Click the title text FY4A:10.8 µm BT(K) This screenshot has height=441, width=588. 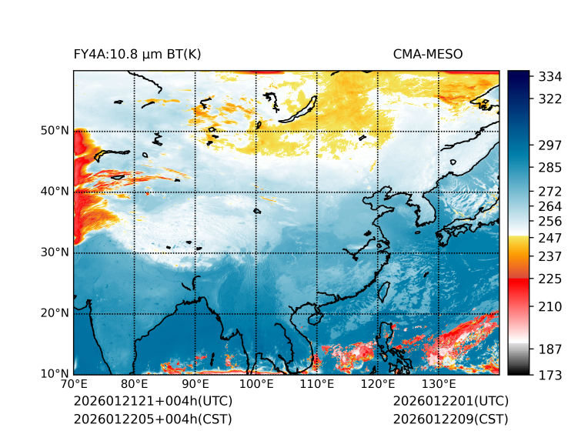point(138,54)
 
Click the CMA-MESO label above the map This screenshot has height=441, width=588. point(428,54)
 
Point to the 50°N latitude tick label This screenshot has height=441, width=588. point(55,131)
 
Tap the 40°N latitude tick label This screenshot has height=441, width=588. point(55,192)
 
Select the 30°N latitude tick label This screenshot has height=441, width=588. point(55,252)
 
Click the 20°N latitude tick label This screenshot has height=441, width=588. point(55,313)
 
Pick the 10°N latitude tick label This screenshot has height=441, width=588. point(55,374)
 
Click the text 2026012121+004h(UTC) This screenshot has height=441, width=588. point(152,402)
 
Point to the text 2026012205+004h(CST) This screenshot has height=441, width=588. point(152,419)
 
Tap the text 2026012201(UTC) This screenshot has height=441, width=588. point(450,402)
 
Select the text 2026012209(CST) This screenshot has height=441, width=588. point(450,419)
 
